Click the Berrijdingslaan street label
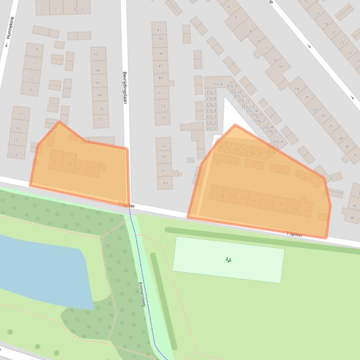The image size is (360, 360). (x=125, y=87)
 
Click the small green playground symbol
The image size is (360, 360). (x=228, y=259)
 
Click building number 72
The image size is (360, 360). (x=99, y=119)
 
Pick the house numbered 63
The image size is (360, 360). (x=165, y=183)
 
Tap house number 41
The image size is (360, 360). (x=160, y=30)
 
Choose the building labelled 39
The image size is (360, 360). (x=54, y=162)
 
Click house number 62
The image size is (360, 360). (x=96, y=54)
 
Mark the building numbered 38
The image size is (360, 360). (x=352, y=217)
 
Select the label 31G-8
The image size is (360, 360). (x=218, y=85)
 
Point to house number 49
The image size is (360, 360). (x=161, y=78)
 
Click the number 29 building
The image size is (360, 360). (x=232, y=196)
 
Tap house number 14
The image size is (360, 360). (x=274, y=60)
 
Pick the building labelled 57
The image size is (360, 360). (x=163, y=146)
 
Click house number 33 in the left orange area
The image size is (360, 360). (x=91, y=168)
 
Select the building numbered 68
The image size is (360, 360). (x=99, y=95)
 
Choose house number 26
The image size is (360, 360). (x=331, y=126)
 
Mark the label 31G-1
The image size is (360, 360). (x=211, y=128)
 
